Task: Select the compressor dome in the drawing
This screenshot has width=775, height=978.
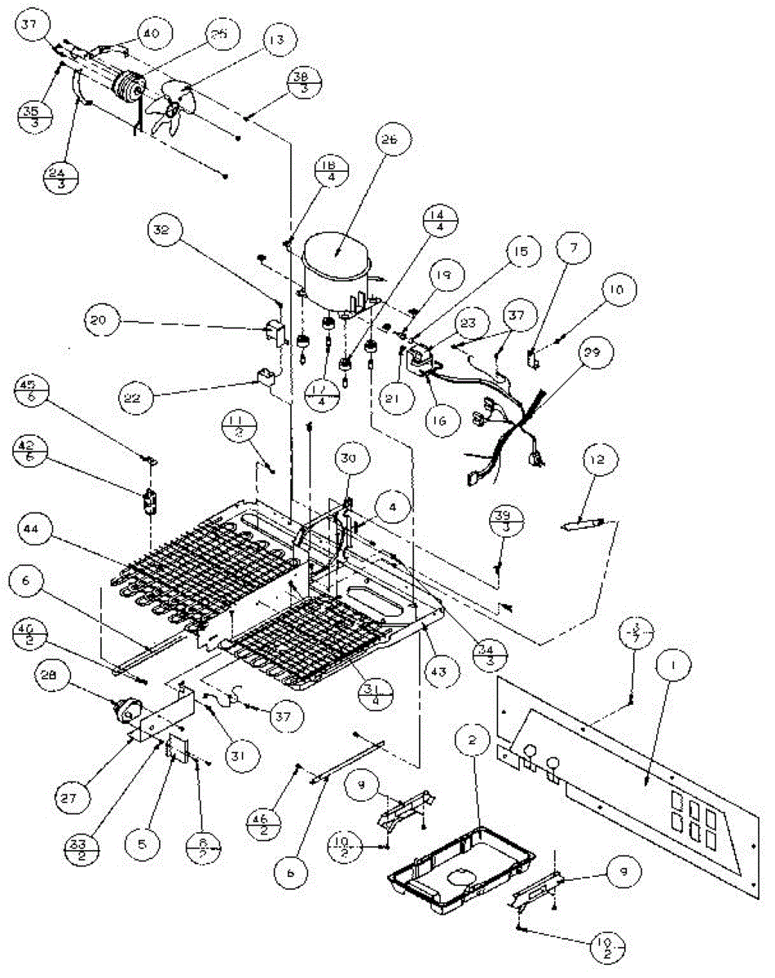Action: click(x=337, y=264)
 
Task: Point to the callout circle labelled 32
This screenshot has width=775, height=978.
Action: click(x=165, y=230)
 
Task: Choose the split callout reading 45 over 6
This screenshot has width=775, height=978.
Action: click(x=32, y=392)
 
